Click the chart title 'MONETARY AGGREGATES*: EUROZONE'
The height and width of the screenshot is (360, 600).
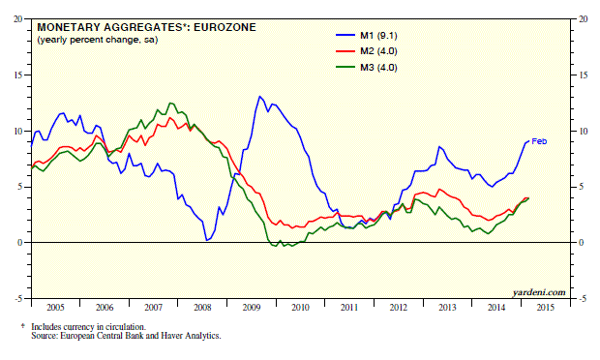146,27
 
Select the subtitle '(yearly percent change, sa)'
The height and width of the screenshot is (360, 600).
97,40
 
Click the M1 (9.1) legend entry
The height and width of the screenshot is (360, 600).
367,36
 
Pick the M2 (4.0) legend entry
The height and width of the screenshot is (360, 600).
367,51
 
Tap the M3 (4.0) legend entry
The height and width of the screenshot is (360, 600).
367,68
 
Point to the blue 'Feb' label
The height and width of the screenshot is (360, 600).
539,141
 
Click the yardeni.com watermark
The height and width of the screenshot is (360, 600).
539,292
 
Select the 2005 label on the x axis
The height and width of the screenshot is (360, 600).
55,307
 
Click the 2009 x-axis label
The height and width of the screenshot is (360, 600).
252,307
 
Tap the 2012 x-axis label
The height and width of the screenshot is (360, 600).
399,307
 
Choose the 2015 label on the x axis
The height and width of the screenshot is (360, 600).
545,307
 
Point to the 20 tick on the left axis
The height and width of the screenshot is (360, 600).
18,18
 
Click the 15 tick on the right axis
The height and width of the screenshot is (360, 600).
584,75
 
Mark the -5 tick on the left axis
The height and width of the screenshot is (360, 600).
18,298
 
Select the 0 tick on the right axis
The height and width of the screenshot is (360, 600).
581,243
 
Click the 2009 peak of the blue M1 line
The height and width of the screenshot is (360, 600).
259,97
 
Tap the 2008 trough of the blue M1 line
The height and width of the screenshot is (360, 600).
207,240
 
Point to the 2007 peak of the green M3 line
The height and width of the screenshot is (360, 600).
170,103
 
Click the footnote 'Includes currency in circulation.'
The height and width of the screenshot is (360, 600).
88,327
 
